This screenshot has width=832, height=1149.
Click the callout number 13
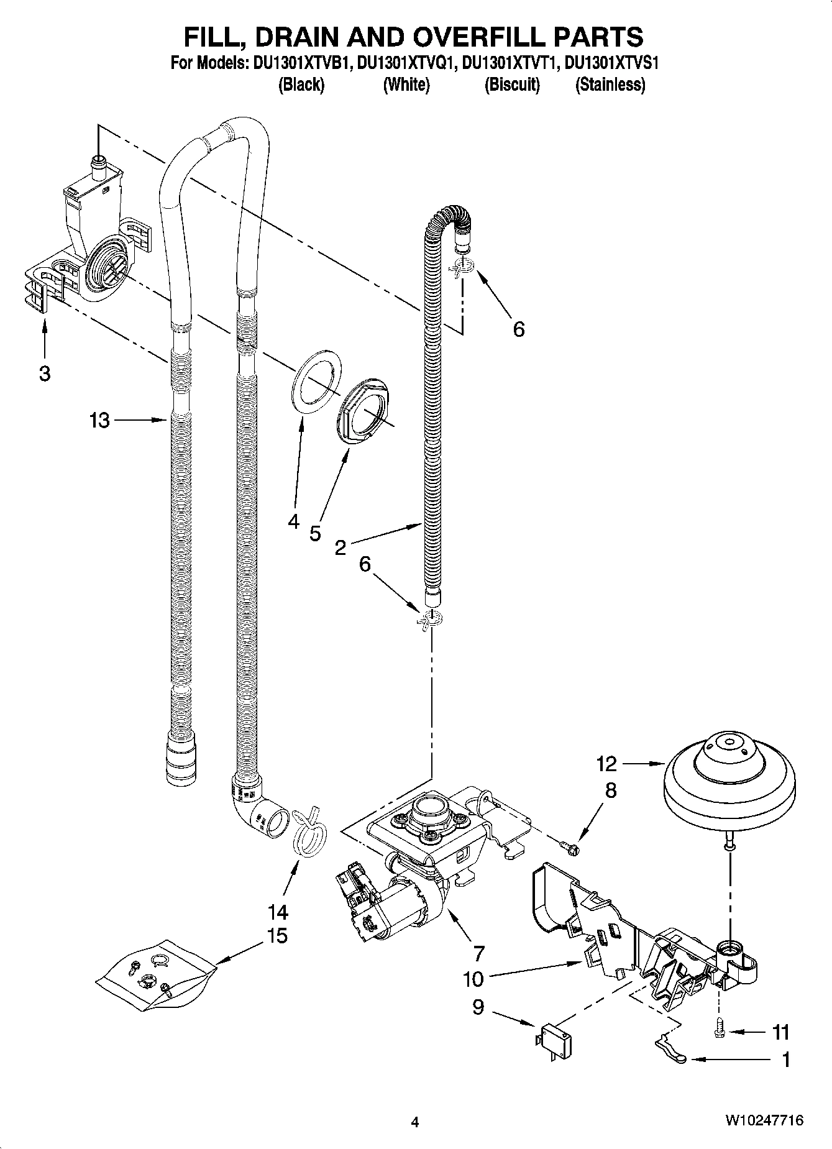[99, 421]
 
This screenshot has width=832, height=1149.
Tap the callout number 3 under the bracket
[44, 373]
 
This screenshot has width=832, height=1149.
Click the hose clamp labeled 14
[308, 831]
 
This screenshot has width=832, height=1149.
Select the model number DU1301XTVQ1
[407, 63]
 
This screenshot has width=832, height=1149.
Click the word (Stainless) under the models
[610, 85]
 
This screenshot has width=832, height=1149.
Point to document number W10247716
[763, 1121]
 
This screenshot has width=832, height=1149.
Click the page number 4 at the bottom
[415, 1122]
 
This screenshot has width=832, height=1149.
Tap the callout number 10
[473, 979]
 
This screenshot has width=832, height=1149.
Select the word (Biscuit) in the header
[511, 85]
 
